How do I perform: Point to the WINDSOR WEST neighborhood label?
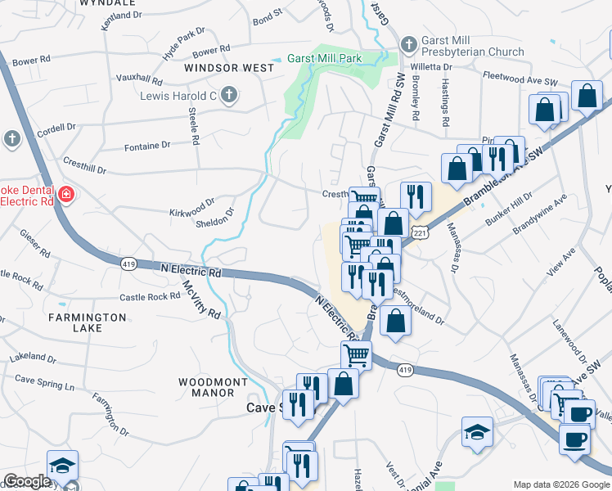[229, 69]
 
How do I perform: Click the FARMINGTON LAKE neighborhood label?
[87, 322]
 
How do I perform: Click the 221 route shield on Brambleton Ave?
[420, 233]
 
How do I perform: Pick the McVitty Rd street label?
[200, 301]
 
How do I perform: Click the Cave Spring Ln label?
[44, 382]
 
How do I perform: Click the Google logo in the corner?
[27, 482]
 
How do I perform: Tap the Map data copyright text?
[560, 484]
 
